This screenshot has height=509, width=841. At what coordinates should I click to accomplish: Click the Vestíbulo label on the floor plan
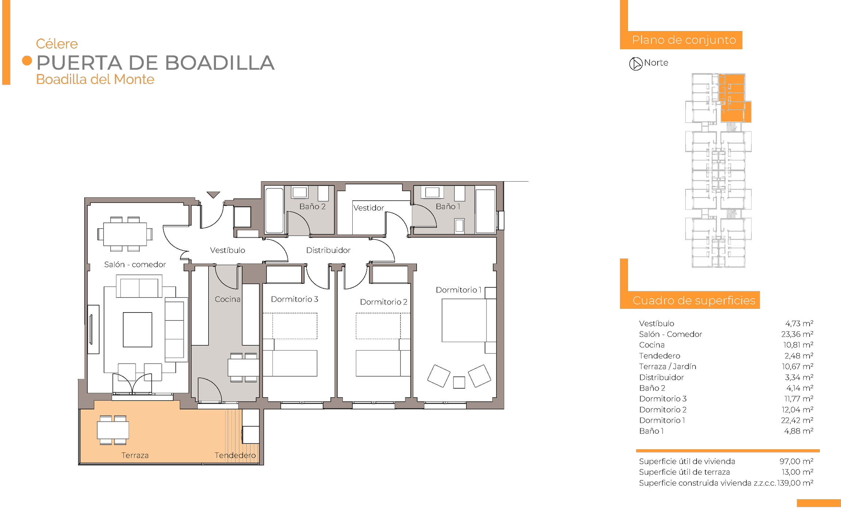[228, 250]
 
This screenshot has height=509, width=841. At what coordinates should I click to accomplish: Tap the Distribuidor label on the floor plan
[328, 250]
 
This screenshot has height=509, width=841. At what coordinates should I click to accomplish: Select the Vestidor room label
[369, 208]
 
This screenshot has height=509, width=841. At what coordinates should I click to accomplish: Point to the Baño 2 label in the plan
[313, 206]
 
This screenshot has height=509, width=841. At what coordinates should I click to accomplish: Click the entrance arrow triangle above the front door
[213, 195]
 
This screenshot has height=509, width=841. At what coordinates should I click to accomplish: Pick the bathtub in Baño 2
[274, 210]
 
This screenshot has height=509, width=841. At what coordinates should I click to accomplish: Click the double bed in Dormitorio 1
[469, 320]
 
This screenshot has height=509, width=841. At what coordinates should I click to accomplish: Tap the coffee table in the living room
[137, 330]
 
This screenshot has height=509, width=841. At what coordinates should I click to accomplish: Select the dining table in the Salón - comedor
[125, 234]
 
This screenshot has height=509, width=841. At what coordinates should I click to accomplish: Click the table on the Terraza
[113, 430]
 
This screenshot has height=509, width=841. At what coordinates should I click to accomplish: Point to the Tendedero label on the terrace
[235, 455]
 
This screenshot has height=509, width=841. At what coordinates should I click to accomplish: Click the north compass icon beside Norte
[636, 64]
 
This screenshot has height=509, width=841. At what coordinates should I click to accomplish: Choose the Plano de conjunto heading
[684, 40]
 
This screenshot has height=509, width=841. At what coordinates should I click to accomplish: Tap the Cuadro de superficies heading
[694, 300]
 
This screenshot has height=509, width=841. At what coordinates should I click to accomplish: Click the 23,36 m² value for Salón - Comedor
[797, 334]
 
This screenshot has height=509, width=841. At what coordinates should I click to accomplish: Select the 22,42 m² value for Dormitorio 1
[797, 420]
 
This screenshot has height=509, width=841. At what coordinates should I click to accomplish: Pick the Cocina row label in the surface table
[652, 345]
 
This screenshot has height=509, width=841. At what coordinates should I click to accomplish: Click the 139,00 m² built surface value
[795, 483]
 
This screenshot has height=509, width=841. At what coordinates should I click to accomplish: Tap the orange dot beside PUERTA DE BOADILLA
[27, 61]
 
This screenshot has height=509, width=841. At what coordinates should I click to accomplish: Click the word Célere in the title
[57, 44]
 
